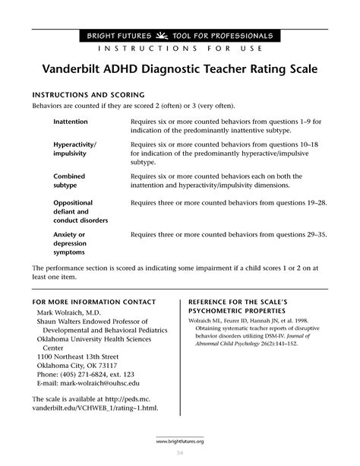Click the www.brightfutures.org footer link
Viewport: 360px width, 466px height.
tap(181, 441)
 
